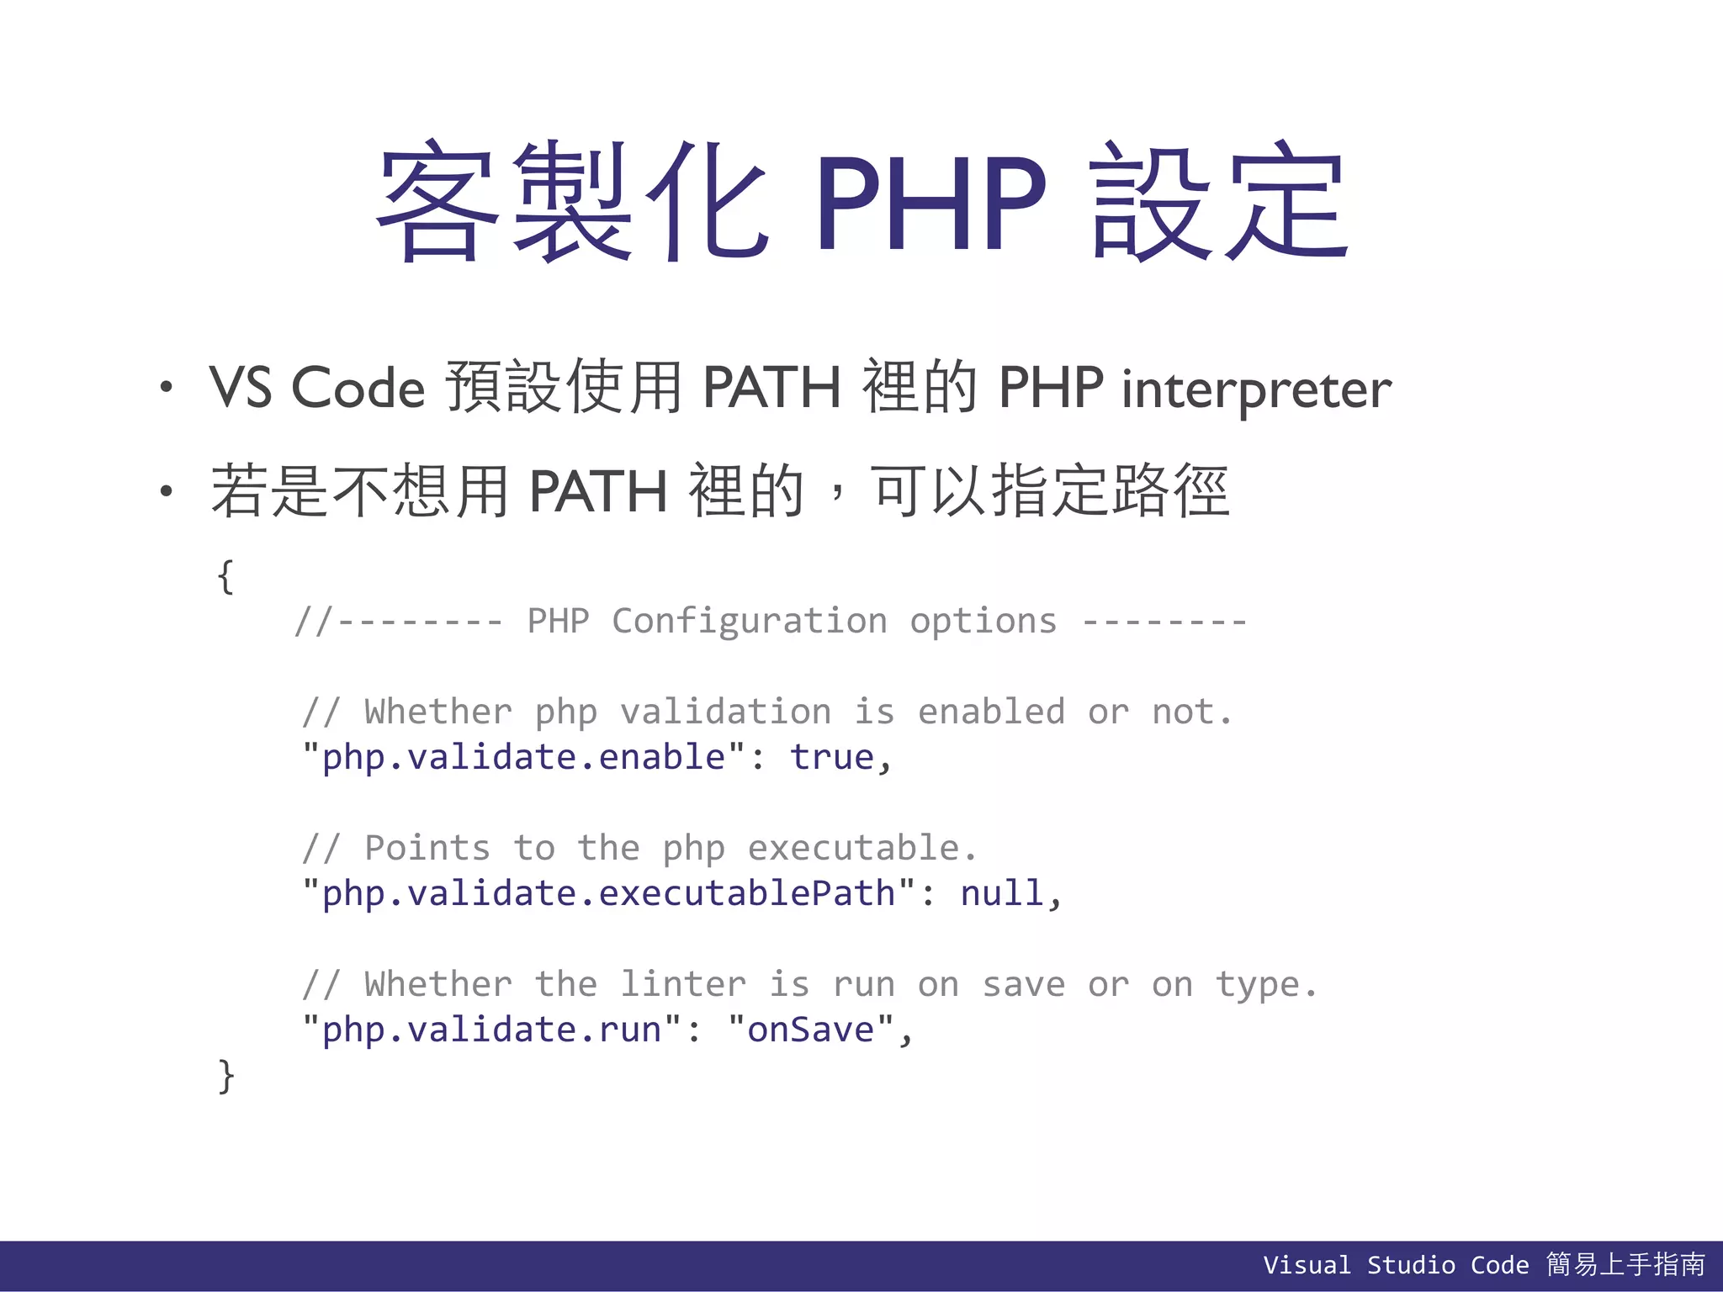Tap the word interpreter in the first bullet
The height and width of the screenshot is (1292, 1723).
[1256, 389]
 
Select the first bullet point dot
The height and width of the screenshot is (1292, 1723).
[167, 387]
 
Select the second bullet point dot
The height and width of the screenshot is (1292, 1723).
[167, 490]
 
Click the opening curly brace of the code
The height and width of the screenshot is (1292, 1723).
[225, 577]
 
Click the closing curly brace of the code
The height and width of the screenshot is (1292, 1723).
[225, 1076]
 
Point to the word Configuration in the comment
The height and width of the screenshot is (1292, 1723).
[749, 622]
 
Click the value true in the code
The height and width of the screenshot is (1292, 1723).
[831, 757]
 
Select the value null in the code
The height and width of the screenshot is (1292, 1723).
[1001, 893]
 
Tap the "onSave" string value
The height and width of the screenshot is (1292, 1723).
[811, 1030]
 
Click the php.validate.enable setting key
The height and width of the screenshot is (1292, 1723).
[523, 757]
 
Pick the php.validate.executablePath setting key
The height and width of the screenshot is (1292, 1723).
[608, 893]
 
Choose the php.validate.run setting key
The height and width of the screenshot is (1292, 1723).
[491, 1030]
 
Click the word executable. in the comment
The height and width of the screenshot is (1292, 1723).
[862, 848]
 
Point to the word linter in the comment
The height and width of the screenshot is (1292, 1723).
[682, 984]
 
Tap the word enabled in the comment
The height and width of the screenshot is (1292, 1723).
[991, 712]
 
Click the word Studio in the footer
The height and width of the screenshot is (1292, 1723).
[1410, 1265]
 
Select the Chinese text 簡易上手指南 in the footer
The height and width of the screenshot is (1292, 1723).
[1625, 1264]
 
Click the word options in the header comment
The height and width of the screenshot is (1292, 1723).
[983, 622]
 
